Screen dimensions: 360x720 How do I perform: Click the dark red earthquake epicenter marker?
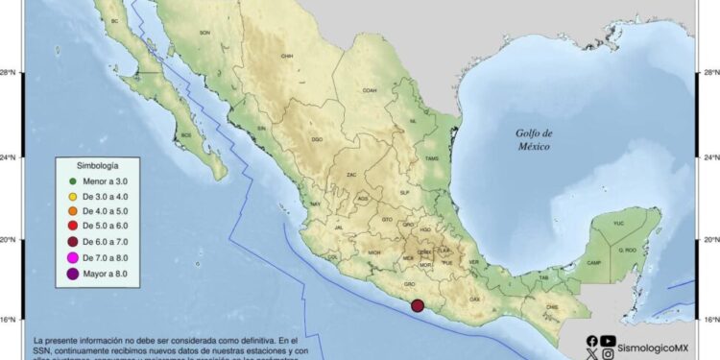tap(417, 307)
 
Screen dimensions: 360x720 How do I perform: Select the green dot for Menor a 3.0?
tap(72, 180)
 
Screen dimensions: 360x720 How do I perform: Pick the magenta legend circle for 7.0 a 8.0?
tap(72, 258)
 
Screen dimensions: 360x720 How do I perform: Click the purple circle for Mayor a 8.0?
tap(72, 275)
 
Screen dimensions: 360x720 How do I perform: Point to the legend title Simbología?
tap(98, 165)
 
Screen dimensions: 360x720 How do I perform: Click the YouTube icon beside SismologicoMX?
tap(609, 340)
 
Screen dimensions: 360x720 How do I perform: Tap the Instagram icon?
tap(609, 353)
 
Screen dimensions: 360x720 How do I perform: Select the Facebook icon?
tap(591, 340)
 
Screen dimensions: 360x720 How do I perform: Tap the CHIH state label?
tap(286, 56)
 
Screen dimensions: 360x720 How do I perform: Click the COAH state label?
tap(370, 90)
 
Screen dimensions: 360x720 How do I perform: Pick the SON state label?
tap(204, 33)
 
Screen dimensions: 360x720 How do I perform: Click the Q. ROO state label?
tap(627, 250)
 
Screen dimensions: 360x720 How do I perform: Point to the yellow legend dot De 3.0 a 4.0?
tap(72, 196)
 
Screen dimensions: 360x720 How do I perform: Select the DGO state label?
tap(318, 140)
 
